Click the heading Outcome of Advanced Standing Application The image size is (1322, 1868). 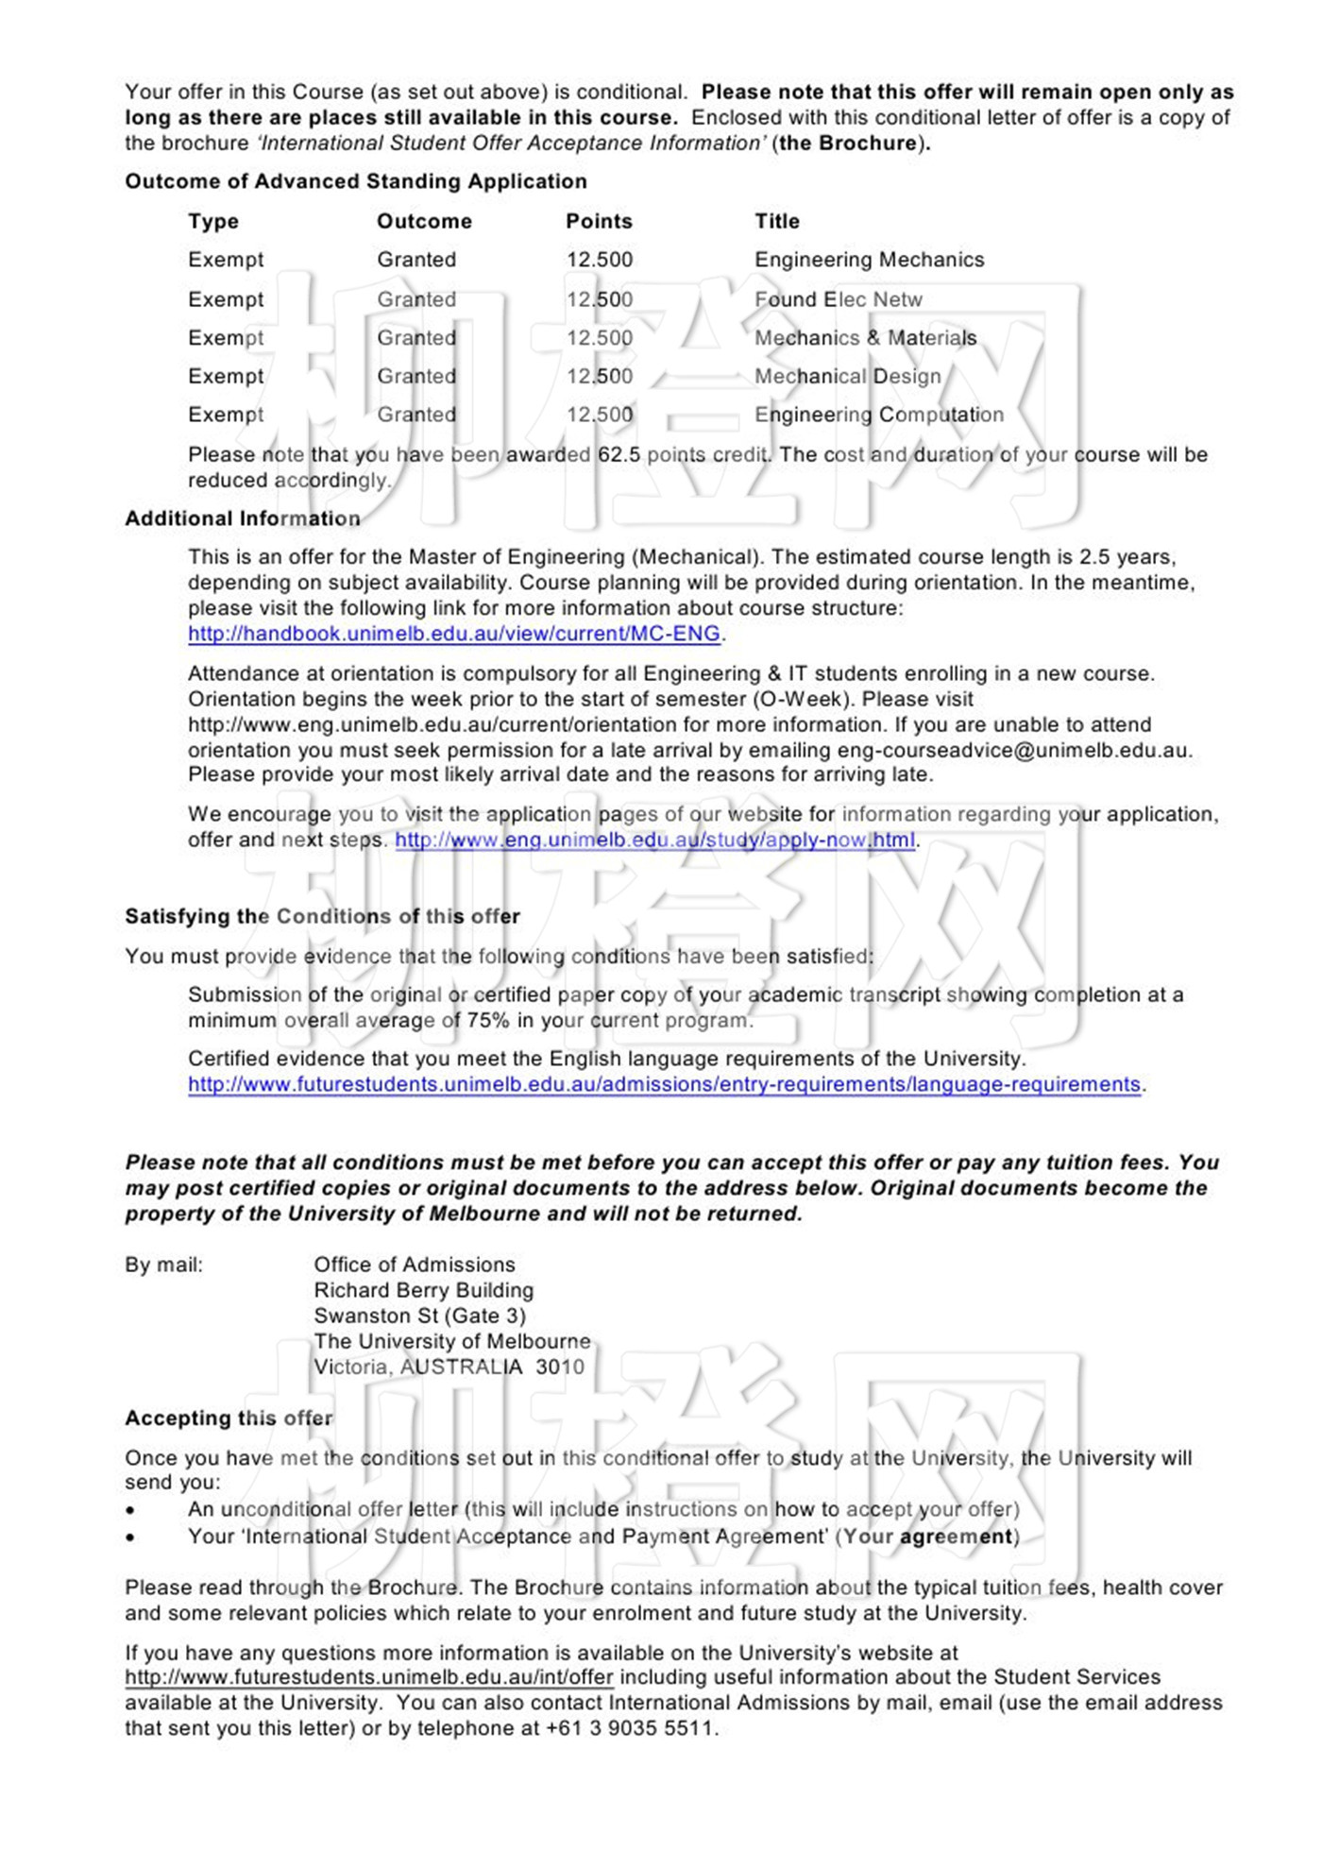click(355, 181)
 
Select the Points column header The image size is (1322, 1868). click(599, 221)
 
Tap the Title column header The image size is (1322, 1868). click(776, 221)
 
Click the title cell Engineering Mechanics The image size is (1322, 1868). click(869, 260)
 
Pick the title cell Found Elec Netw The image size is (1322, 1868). click(838, 299)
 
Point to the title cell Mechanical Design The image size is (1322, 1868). click(847, 376)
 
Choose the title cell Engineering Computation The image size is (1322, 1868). click(878, 415)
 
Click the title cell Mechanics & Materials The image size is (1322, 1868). click(865, 338)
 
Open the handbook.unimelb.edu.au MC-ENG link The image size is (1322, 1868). click(453, 634)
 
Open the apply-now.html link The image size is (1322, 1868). click(654, 840)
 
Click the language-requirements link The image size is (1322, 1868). click(664, 1084)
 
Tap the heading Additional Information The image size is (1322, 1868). click(242, 518)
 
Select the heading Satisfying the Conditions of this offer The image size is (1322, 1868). click(322, 916)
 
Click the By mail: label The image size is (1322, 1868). click(163, 1265)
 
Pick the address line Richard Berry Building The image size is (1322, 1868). click(423, 1290)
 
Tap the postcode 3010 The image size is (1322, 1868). click(560, 1367)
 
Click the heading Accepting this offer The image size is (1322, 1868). click(229, 1418)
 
